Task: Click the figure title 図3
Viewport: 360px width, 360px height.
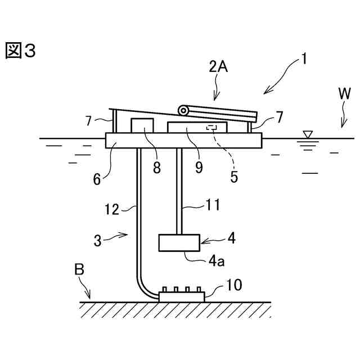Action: pyautogui.click(x=21, y=51)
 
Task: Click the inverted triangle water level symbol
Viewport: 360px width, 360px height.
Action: pyautogui.click(x=307, y=134)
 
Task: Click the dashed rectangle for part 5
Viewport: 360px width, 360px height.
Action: pyautogui.click(x=212, y=128)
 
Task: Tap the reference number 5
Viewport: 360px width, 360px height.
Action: pyautogui.click(x=235, y=175)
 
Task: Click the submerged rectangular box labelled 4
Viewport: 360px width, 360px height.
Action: pyautogui.click(x=179, y=242)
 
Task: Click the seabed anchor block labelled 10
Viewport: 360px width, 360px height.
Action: pyautogui.click(x=181, y=296)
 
